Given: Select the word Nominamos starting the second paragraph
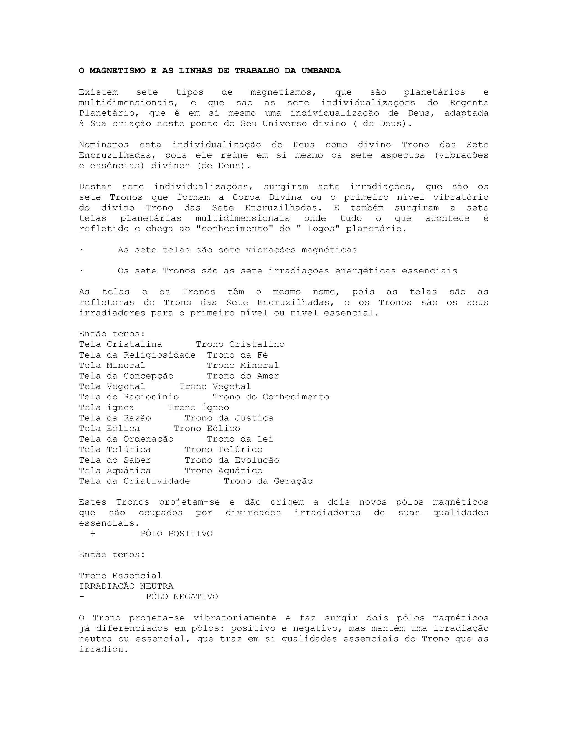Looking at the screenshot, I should (x=104, y=145).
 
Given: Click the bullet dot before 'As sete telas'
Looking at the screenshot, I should (x=81, y=250).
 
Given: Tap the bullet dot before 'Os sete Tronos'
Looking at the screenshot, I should (x=81, y=271).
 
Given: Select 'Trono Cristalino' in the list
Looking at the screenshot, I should (x=240, y=344).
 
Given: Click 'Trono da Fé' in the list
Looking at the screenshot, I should (x=237, y=355).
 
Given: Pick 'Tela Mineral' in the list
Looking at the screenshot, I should (x=112, y=366).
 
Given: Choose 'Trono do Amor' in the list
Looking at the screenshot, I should (x=243, y=376).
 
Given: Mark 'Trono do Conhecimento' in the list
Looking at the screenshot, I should (x=271, y=397).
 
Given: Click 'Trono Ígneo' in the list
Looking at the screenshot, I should (x=199, y=407).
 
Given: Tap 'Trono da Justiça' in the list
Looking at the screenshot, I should (x=229, y=418).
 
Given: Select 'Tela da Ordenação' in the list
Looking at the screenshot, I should (x=126, y=439).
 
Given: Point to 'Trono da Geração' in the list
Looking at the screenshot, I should (x=268, y=481).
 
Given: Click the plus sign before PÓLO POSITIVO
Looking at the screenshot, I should (x=93, y=534).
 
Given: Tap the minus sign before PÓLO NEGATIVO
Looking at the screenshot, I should (x=82, y=597).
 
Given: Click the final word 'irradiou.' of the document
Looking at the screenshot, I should (x=104, y=649).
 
